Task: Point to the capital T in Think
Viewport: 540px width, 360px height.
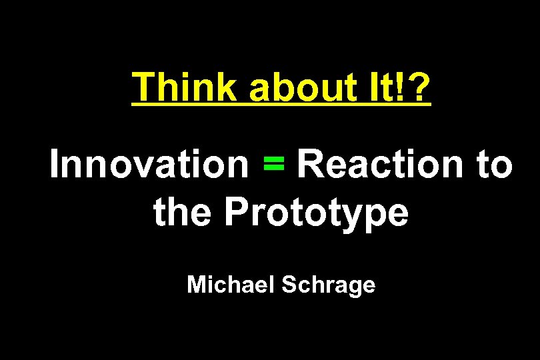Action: coord(143,87)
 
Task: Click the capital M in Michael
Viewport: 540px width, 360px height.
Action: coord(197,285)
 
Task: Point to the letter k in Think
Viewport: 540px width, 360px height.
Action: coord(225,87)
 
